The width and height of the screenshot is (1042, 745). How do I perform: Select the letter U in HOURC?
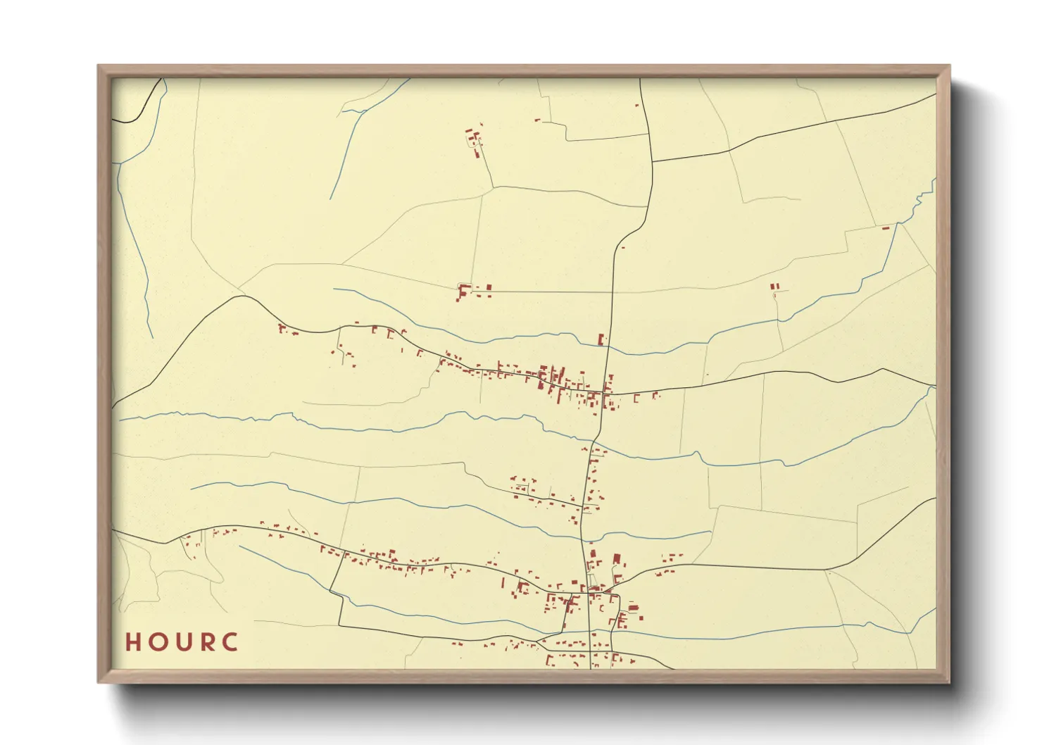(182, 642)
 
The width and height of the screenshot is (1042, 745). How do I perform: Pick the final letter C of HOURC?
(230, 642)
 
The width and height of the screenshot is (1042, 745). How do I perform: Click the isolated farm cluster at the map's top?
(474, 138)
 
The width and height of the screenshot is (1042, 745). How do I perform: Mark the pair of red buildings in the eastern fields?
(774, 287)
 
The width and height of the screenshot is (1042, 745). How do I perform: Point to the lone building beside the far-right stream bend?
(886, 227)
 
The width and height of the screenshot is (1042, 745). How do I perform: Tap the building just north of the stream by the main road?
(601, 339)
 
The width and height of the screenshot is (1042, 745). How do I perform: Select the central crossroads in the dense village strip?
(606, 392)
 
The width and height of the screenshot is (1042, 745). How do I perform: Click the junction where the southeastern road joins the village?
(614, 584)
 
